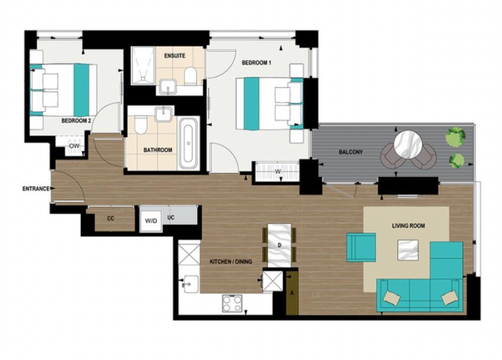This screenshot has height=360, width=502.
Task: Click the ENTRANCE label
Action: tap(36, 189)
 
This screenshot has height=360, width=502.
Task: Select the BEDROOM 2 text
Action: tap(76, 121)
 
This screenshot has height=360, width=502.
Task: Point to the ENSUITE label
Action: tap(175, 56)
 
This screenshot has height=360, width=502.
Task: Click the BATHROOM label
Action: tap(158, 150)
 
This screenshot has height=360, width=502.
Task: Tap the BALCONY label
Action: tap(351, 152)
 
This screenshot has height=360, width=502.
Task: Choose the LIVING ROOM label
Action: tap(408, 226)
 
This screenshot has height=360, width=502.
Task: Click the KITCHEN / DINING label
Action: tap(231, 262)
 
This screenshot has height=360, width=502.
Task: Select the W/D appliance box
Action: tap(149, 220)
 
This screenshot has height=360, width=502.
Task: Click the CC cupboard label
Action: tap(111, 218)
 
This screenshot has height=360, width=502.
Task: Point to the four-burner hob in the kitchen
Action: tap(232, 303)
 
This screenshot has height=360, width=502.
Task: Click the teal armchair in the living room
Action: tap(360, 247)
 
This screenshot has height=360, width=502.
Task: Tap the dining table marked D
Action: tap(280, 245)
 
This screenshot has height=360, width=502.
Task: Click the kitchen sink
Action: tap(189, 284)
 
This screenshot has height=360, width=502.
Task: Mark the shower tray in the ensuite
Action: tap(143, 66)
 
